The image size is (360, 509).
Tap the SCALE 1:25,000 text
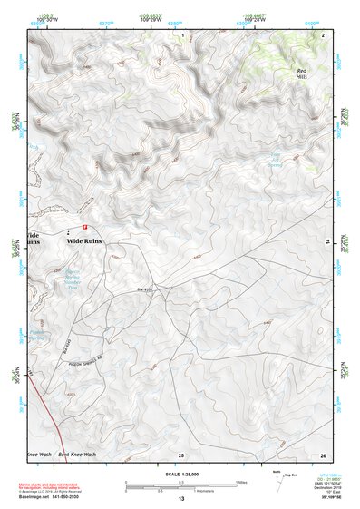tap(180, 474)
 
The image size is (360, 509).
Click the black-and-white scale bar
tap(180, 485)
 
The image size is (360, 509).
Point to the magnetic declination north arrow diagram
tap(277, 479)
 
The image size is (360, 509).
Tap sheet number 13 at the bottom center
tap(180, 499)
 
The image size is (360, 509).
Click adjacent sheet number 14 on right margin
tap(328, 240)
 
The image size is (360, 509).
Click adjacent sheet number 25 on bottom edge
tap(181, 454)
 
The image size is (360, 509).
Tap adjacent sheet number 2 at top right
tap(323, 34)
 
